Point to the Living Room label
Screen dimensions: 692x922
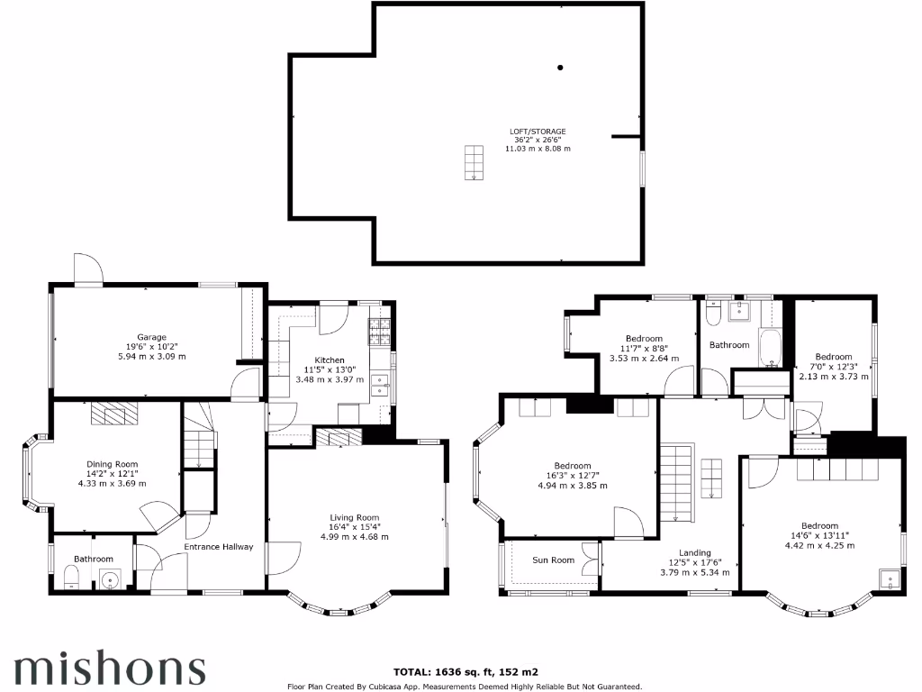click(354, 517)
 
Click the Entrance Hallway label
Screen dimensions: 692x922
click(219, 547)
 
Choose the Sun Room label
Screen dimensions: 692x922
click(553, 560)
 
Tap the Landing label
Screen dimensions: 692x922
click(695, 552)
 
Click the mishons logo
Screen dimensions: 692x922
click(109, 669)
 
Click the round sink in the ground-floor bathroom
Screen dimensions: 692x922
click(108, 580)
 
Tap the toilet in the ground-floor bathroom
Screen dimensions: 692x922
click(71, 578)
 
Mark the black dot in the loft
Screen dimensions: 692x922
click(560, 68)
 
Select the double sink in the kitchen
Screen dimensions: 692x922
click(380, 386)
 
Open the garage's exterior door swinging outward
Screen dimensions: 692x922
click(88, 269)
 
